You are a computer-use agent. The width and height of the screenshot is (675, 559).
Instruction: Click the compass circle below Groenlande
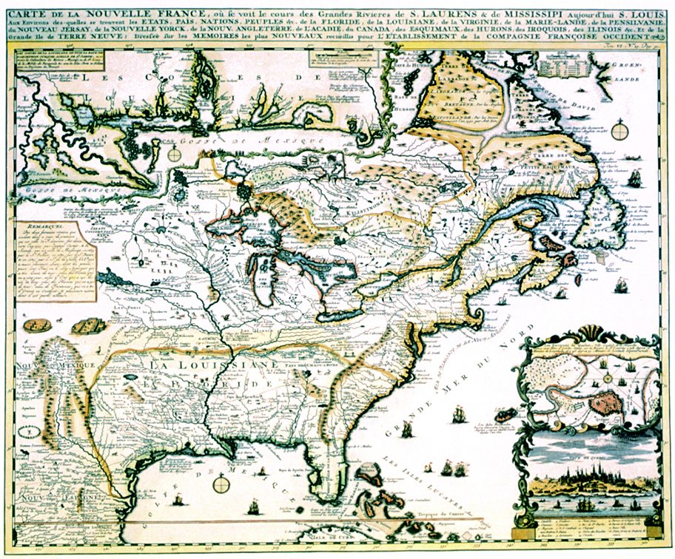point(620,132)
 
